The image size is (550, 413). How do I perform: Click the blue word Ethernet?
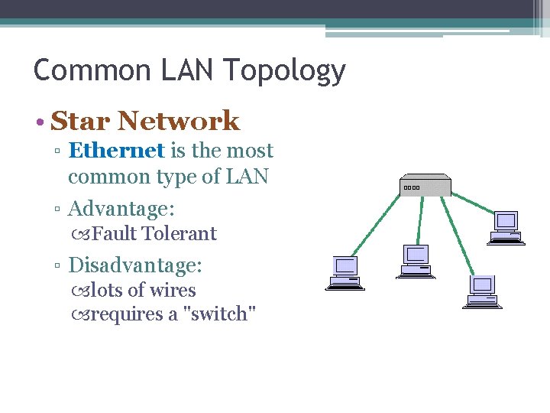click(x=116, y=151)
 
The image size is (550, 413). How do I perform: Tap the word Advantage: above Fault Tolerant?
click(x=121, y=208)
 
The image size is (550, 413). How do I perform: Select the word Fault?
click(x=115, y=233)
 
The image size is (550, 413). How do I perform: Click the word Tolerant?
click(x=180, y=233)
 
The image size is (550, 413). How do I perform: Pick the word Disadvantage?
click(x=135, y=265)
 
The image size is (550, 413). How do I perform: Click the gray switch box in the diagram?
click(x=425, y=186)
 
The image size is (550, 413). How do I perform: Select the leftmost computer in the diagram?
click(x=345, y=273)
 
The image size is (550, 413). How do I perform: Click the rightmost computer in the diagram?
click(x=506, y=227)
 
